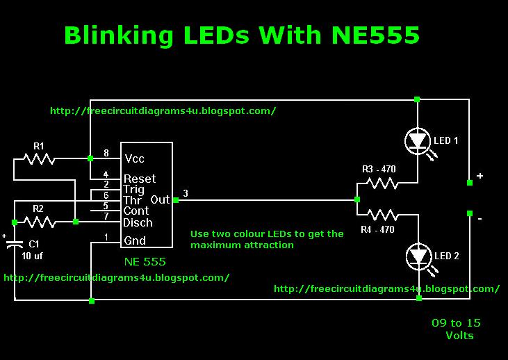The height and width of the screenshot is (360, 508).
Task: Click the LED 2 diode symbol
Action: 417,256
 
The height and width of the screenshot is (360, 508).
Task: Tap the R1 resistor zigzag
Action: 38,160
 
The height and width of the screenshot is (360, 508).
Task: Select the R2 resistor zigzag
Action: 40,222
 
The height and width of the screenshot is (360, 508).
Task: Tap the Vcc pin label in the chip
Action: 135,158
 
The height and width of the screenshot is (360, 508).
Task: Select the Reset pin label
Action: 140,179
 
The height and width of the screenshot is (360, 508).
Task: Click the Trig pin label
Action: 134,189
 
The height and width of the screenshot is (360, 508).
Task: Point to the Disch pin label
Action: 138,222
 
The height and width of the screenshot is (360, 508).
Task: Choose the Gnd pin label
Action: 135,241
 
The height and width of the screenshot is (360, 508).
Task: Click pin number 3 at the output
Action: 185,193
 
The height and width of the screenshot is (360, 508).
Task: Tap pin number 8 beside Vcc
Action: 106,153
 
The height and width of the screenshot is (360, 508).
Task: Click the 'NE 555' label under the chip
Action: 145,261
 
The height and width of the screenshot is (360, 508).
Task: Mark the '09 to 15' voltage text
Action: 455,322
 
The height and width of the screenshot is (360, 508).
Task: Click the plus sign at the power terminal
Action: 480,177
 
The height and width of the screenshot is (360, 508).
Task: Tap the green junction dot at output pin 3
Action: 175,200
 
